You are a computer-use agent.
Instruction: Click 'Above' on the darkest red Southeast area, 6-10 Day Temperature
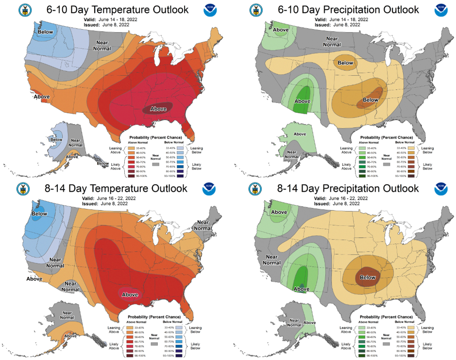point(158,109)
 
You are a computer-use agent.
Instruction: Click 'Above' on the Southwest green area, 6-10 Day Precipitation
point(303,101)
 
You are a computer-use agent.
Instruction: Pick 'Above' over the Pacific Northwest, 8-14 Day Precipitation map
point(279,212)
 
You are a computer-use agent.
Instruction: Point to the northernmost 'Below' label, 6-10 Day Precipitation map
point(345,63)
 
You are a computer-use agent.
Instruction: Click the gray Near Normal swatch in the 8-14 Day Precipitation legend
point(387,343)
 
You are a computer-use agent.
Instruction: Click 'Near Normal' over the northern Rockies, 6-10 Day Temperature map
point(102,45)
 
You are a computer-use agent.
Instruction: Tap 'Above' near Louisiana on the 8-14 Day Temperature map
point(130,295)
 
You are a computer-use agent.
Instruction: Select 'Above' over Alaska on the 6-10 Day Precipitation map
point(299,134)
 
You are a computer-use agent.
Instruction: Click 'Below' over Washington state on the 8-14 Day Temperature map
point(39,213)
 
